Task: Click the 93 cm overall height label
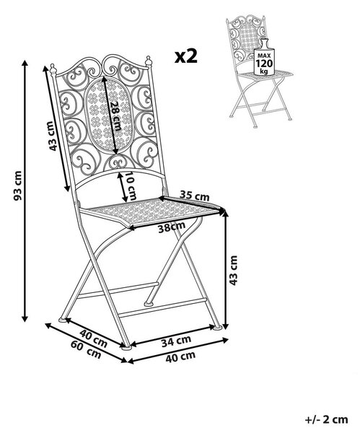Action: coord(17,185)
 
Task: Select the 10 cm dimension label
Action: coord(131,186)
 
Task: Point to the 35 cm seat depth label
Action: coord(194,196)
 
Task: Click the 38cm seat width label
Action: coord(172,227)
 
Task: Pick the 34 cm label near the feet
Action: coord(176,341)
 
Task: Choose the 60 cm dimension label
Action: coord(86,349)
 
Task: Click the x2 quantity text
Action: coord(186,56)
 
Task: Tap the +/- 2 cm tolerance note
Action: coord(326,420)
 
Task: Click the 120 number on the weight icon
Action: coord(264,64)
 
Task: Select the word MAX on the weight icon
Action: coord(264,56)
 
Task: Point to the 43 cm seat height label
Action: coord(233,271)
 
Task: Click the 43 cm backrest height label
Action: coord(52,136)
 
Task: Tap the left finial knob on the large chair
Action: coord(53,69)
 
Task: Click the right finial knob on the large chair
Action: coord(148,61)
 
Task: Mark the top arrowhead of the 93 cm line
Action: coord(25,63)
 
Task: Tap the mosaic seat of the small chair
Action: coord(265,74)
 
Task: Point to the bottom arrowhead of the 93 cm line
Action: coord(25,318)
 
